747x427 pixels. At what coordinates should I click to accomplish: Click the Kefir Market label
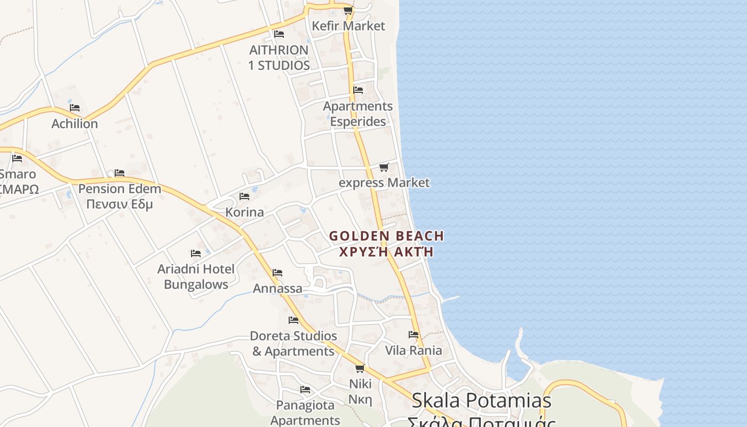click(348, 26)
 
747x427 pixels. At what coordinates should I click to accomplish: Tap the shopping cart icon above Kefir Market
click(348, 11)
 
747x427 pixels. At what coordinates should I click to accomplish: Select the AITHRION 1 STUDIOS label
click(279, 58)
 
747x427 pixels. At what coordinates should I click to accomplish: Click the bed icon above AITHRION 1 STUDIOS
click(279, 34)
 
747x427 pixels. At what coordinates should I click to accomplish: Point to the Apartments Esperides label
click(357, 114)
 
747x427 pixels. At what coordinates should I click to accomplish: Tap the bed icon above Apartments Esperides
click(358, 90)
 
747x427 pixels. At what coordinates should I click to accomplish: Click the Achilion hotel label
click(75, 124)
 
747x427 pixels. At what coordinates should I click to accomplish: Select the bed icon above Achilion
click(75, 108)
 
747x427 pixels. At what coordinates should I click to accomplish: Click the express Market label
click(384, 183)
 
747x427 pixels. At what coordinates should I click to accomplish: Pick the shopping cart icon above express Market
click(384, 168)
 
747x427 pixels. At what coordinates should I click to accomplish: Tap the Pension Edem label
click(120, 189)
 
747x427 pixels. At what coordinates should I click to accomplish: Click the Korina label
click(244, 212)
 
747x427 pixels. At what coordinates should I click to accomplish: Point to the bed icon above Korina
click(244, 196)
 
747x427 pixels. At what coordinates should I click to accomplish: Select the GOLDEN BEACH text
click(386, 236)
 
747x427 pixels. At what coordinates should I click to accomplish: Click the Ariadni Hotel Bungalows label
click(196, 276)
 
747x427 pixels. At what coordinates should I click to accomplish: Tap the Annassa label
click(277, 289)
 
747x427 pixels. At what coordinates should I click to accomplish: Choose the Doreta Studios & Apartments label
click(293, 343)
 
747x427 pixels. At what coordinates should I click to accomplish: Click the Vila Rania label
click(414, 350)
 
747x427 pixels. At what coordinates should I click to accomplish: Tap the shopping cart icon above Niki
click(360, 368)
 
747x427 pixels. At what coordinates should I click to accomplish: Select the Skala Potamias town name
click(481, 400)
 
